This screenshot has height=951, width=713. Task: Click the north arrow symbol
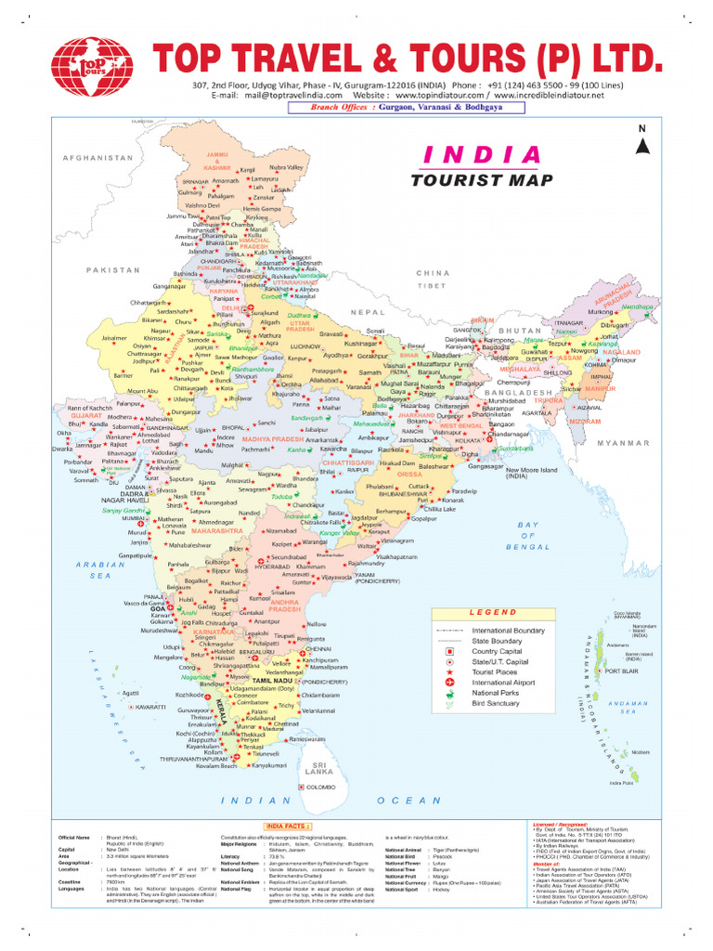[x=641, y=142]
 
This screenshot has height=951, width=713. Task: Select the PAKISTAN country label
[x=114, y=269]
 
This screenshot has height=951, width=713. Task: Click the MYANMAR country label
[x=625, y=444]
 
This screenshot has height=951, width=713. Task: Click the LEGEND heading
[x=492, y=613]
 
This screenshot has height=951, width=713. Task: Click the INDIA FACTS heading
[x=289, y=825]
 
